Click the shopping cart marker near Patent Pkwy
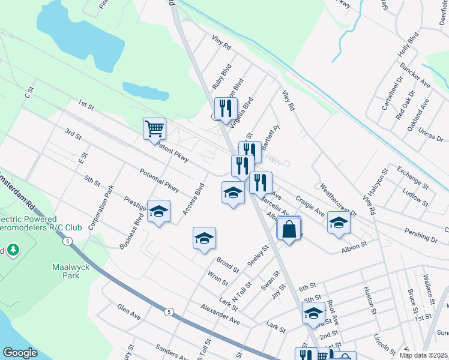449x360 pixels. (x=155, y=128)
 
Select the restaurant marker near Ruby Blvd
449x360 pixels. (x=225, y=108)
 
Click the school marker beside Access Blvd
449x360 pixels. (x=233, y=193)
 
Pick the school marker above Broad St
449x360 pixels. (x=204, y=239)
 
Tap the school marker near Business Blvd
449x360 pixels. (x=159, y=211)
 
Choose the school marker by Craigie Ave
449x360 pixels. (x=339, y=223)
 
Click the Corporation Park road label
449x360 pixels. (x=101, y=208)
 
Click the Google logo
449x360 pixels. (x=20, y=352)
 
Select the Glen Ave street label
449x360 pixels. (x=129, y=310)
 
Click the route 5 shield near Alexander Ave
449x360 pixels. (x=169, y=312)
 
